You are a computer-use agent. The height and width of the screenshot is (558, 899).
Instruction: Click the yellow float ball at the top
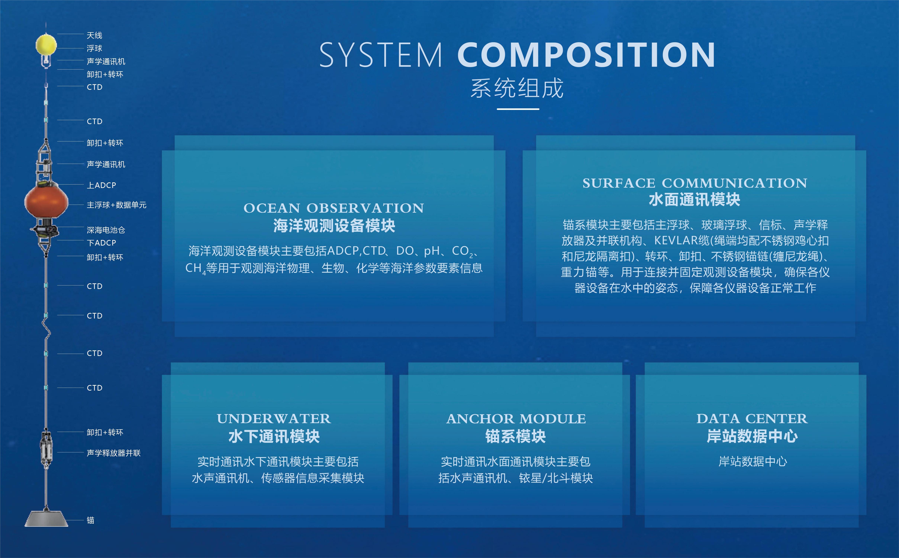coord(46,45)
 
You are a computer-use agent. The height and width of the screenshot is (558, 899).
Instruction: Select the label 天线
coord(94,35)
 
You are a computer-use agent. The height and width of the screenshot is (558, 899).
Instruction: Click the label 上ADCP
coord(101,185)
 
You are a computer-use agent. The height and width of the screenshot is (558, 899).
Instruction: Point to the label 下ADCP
coord(101,243)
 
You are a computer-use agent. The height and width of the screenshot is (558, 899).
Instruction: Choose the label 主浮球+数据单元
coord(117,205)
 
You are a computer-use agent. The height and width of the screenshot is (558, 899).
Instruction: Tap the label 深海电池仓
coord(106,230)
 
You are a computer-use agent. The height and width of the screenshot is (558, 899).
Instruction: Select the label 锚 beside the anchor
coord(90,520)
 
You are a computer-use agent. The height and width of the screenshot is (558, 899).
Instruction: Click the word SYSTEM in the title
coord(381,55)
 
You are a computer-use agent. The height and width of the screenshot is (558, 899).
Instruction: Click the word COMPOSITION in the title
coord(586,55)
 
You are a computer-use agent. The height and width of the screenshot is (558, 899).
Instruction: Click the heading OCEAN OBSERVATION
coord(334,208)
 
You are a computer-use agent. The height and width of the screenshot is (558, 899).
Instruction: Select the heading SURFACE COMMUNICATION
coord(695,183)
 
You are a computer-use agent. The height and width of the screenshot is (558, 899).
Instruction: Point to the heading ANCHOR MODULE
coord(516,419)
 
